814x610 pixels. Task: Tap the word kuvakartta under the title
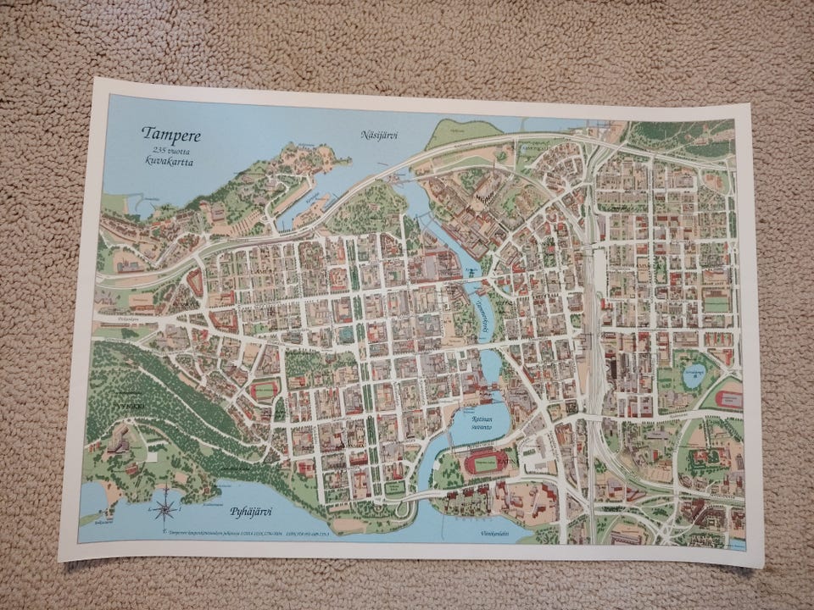[x=169, y=161]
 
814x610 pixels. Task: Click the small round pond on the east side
[x=693, y=375]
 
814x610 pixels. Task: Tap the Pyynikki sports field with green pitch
[x=263, y=391]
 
